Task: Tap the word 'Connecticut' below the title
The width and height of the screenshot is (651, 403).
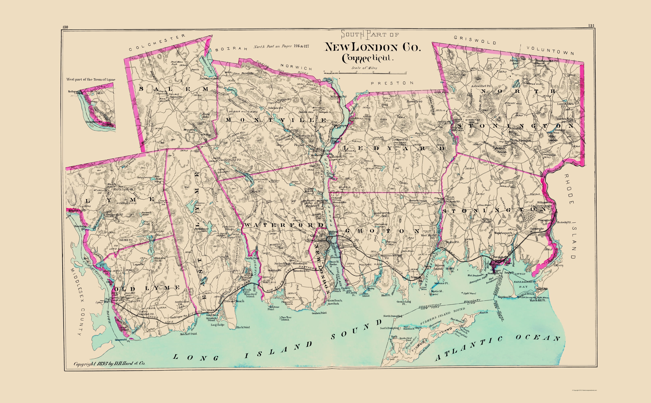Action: pyautogui.click(x=367, y=58)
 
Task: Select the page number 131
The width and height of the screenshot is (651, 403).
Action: pyautogui.click(x=591, y=26)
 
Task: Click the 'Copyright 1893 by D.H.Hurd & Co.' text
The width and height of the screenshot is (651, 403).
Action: pyautogui.click(x=109, y=363)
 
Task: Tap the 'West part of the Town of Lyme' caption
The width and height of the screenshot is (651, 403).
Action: pyautogui.click(x=91, y=79)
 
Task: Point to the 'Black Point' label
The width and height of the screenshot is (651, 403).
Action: pyautogui.click(x=243, y=327)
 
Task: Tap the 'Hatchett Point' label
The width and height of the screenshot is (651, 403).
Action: pyautogui.click(x=188, y=334)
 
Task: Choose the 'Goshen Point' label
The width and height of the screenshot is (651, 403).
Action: pyautogui.click(x=319, y=313)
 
